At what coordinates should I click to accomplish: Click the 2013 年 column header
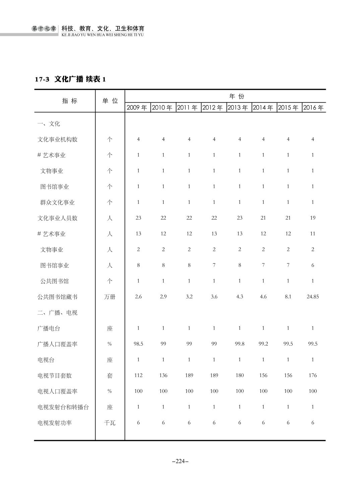238,108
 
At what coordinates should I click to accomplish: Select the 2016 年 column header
313,108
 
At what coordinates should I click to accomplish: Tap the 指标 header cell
70,101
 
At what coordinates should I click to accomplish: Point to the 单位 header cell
110,101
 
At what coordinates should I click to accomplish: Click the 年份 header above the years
237,97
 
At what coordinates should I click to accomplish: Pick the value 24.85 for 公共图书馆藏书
313,297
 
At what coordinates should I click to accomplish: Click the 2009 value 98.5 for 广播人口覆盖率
138,344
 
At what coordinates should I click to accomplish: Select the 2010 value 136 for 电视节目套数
163,375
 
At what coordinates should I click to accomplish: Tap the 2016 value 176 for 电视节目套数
313,375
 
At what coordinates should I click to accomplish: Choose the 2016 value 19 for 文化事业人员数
313,218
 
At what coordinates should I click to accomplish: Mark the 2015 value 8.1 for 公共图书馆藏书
288,297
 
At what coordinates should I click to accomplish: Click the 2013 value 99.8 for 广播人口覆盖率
239,344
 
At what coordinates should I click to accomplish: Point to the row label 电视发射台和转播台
63,407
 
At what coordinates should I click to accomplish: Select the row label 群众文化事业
57,203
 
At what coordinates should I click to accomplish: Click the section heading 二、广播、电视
57,313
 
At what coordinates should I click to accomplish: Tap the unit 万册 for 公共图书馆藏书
110,297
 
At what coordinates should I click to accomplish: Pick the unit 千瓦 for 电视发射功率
110,423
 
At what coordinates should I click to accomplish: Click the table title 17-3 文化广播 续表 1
70,79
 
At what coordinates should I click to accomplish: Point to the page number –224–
180,461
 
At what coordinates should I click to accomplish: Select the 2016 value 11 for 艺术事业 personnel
313,234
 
